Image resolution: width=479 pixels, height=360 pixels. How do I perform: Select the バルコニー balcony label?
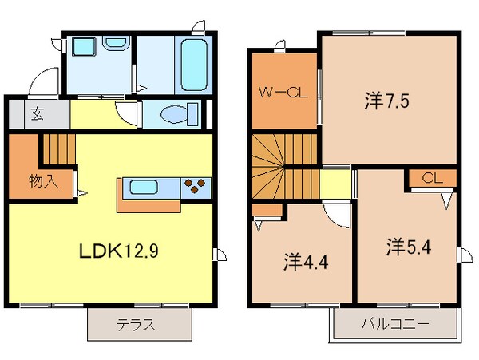394,325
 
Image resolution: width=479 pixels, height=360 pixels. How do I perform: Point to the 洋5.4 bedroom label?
406,246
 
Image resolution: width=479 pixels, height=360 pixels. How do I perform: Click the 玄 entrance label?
38,113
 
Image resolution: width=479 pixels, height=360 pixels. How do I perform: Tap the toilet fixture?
173,116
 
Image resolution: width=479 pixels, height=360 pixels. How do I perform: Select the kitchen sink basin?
144,188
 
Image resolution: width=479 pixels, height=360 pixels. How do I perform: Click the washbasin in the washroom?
82,48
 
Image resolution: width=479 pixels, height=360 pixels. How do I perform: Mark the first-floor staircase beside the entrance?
57,148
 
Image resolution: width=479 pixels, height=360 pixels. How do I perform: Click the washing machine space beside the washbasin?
113,51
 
